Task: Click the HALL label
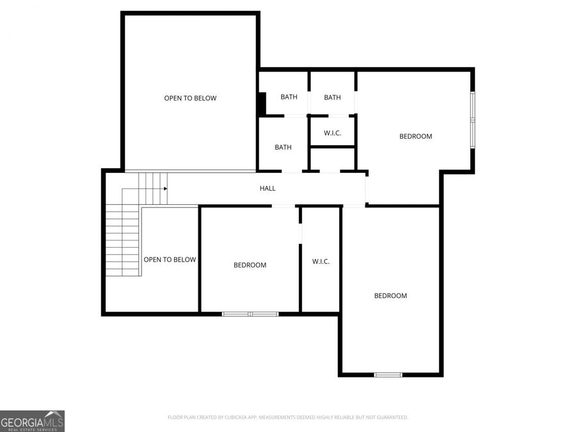click(x=268, y=188)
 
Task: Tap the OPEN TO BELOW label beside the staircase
click(x=170, y=259)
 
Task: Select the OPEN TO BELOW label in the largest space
click(x=190, y=98)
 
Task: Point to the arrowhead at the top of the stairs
click(x=165, y=189)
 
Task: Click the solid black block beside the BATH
click(x=262, y=104)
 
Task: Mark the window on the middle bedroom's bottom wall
click(x=250, y=314)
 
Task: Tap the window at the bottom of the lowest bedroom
click(x=388, y=374)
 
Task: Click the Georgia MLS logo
click(x=32, y=421)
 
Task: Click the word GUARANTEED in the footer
click(x=390, y=417)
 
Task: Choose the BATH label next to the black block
click(x=289, y=97)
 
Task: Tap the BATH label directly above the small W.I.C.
click(x=332, y=97)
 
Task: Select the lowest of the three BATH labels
click(x=283, y=147)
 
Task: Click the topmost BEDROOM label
click(x=415, y=136)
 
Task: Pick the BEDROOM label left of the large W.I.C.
click(x=250, y=265)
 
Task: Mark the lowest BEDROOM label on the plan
click(x=390, y=296)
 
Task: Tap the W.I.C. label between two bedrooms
click(x=321, y=261)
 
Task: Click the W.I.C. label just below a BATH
click(x=332, y=133)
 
